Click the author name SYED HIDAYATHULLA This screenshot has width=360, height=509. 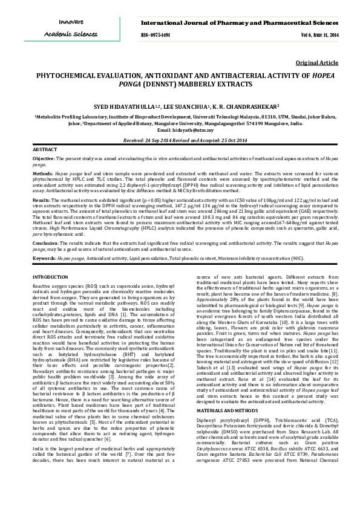pyautogui.click(x=110, y=106)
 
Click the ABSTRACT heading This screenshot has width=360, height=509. pyautogui.click(x=45, y=149)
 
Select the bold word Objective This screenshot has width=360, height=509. pyautogui.click(x=43, y=158)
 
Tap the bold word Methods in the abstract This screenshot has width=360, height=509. pyautogui.click(x=42, y=172)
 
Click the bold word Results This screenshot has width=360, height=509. pyautogui.click(x=41, y=198)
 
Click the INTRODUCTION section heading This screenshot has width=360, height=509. pyautogui.click(x=50, y=276)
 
